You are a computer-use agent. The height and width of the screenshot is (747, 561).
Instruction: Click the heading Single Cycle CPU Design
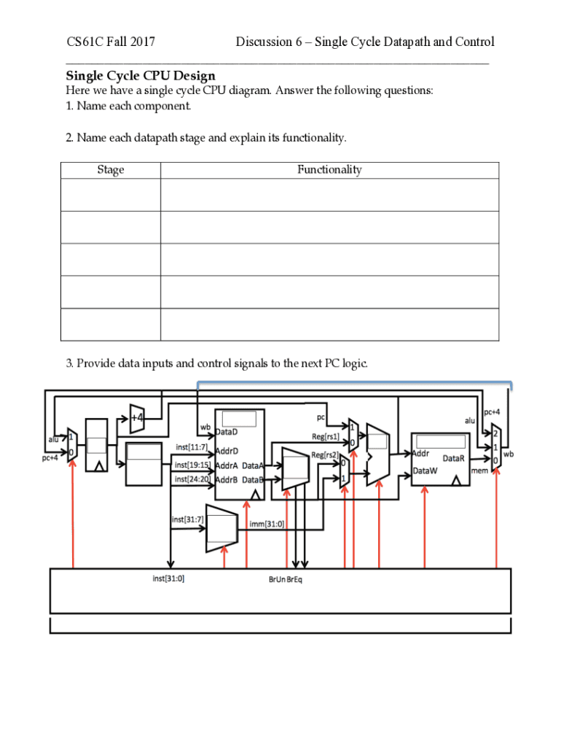141,76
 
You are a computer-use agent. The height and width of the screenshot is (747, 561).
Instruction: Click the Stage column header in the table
111,170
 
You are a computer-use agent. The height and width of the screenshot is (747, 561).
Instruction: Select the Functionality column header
329,170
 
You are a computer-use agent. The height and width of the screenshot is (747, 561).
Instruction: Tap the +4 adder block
137,418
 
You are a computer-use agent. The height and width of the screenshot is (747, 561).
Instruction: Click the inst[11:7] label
192,446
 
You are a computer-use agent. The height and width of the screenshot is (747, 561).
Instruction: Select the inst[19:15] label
192,465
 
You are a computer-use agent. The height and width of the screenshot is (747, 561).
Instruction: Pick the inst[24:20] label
192,479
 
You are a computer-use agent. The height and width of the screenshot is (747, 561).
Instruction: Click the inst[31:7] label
188,519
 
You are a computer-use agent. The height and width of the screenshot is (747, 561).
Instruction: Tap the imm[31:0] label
267,524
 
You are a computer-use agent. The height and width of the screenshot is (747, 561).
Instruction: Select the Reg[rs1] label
326,437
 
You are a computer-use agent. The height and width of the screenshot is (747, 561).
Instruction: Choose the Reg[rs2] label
325,455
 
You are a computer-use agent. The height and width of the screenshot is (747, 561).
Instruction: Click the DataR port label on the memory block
453,459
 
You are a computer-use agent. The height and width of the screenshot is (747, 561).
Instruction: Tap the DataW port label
425,471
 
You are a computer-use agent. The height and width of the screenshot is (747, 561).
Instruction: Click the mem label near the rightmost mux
479,471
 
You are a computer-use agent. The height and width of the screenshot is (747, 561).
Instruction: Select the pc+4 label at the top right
492,412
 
